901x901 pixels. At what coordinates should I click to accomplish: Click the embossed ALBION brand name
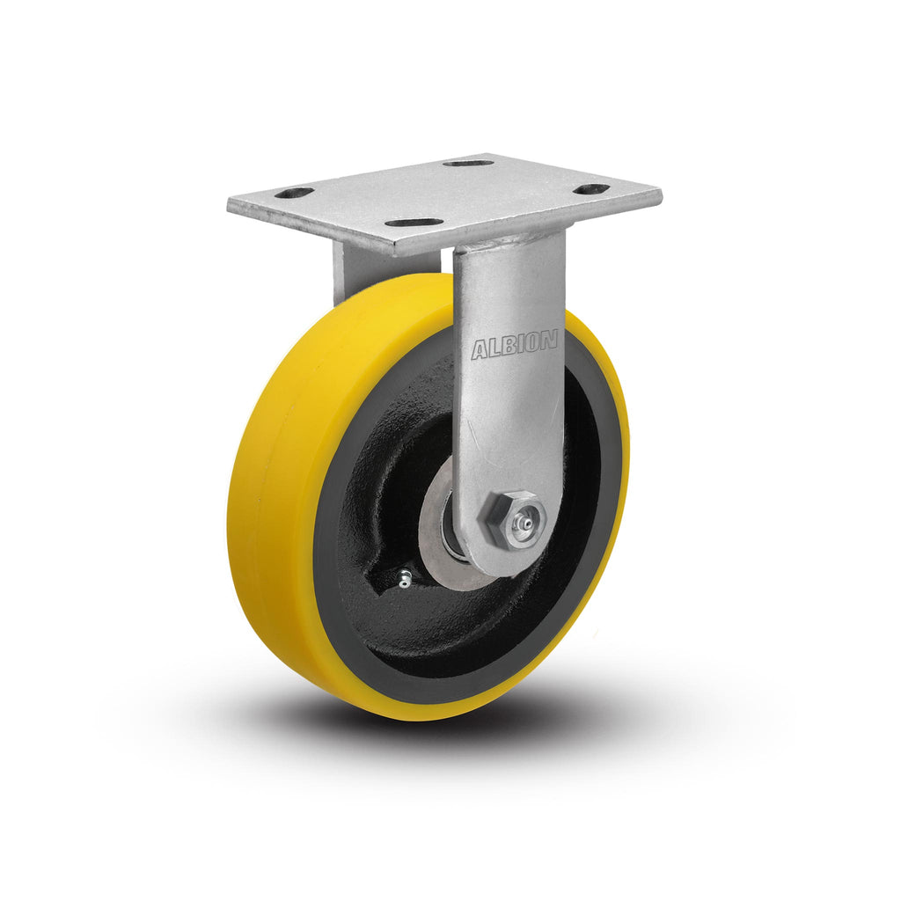[514, 345]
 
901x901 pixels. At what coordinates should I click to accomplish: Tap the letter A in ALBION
[480, 350]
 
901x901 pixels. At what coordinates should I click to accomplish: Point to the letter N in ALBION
[549, 341]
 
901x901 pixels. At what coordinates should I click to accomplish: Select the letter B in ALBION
[508, 346]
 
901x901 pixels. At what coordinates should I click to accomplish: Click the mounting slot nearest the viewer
[414, 222]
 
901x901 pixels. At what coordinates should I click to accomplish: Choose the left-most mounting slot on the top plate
[294, 193]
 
